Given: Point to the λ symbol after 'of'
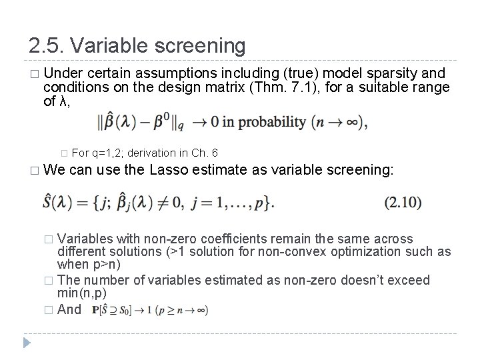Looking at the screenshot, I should [63, 101].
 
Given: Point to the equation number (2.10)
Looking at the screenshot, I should [403, 201].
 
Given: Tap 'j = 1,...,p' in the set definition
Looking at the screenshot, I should [234, 202].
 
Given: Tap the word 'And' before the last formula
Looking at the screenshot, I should [69, 309].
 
